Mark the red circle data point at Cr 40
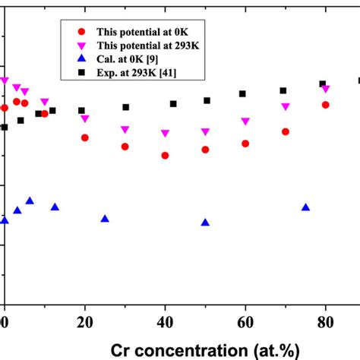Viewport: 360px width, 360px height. pyautogui.click(x=165, y=156)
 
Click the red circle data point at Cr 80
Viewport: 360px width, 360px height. pyautogui.click(x=326, y=105)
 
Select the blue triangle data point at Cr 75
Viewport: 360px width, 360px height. pyautogui.click(x=305, y=207)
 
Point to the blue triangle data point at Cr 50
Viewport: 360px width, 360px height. pyautogui.click(x=205, y=223)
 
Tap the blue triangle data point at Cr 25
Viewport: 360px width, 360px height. pyautogui.click(x=105, y=219)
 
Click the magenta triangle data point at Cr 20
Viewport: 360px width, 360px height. pyautogui.click(x=85, y=119)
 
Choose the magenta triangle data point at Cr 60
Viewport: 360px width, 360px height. pyautogui.click(x=245, y=122)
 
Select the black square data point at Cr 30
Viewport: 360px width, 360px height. pyautogui.click(x=126, y=107)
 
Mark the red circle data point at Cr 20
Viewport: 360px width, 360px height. pyautogui.click(x=85, y=137)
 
